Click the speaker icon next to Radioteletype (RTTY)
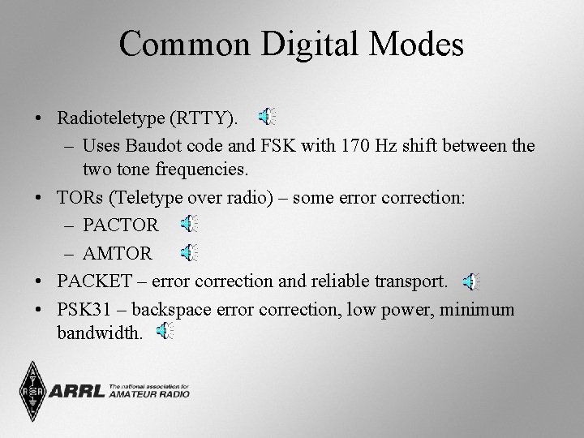(266, 118)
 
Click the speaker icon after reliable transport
(470, 281)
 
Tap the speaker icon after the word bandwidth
(165, 330)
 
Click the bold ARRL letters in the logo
(76, 392)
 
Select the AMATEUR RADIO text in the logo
(149, 394)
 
